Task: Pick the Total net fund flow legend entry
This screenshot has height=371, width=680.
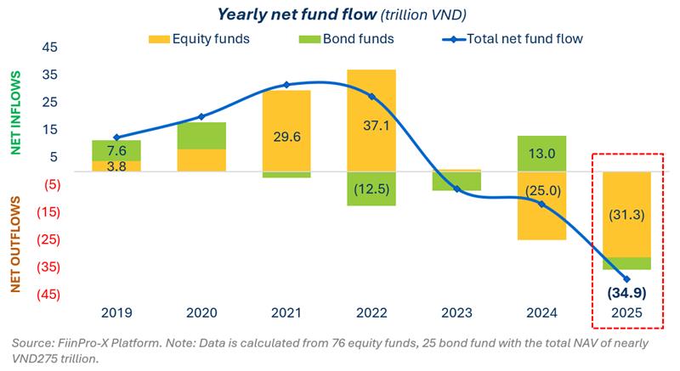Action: pyautogui.click(x=510, y=38)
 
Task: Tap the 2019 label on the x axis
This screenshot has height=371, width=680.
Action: pyautogui.click(x=116, y=313)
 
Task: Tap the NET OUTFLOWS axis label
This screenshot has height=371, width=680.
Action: pyautogui.click(x=14, y=245)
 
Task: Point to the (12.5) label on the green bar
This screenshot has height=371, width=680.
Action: pyautogui.click(x=371, y=188)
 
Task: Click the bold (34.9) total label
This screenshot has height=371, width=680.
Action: pyautogui.click(x=627, y=294)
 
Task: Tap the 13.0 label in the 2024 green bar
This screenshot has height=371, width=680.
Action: pyautogui.click(x=541, y=154)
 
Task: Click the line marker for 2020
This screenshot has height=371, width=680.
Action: pyautogui.click(x=201, y=116)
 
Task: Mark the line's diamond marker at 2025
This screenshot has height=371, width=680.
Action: pyautogui.click(x=627, y=278)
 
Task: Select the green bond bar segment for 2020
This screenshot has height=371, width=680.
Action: pyautogui.click(x=201, y=136)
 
